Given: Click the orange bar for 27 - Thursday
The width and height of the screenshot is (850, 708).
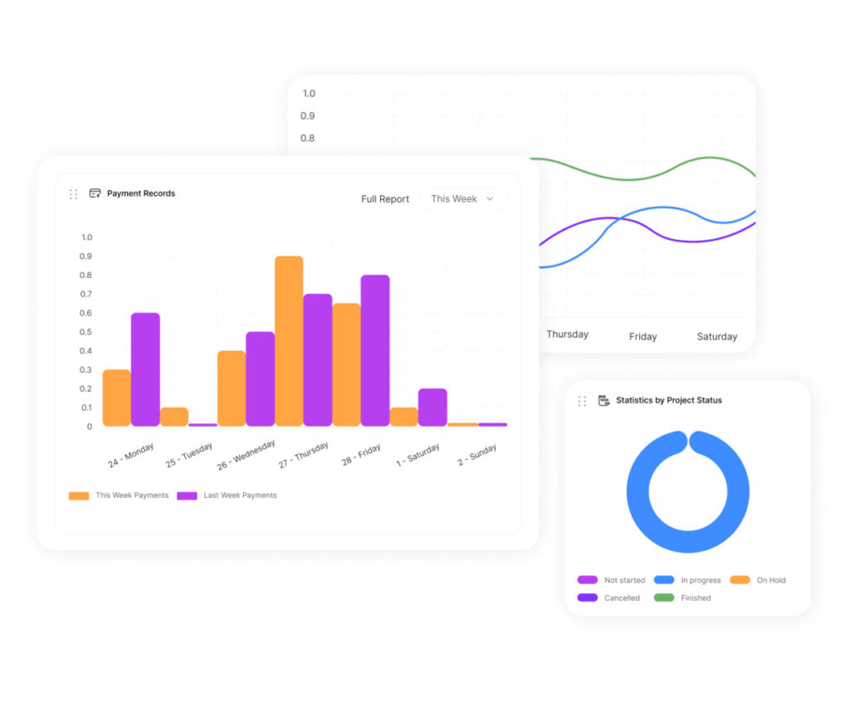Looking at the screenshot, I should pyautogui.click(x=289, y=341).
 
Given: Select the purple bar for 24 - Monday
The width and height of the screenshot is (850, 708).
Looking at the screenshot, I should pyautogui.click(x=145, y=369).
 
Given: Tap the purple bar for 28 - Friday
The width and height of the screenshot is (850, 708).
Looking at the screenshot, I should pyautogui.click(x=375, y=350).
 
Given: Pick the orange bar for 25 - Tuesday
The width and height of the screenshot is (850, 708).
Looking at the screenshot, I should pyautogui.click(x=174, y=417).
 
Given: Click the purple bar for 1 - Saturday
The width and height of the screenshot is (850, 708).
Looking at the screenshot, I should pyautogui.click(x=432, y=408).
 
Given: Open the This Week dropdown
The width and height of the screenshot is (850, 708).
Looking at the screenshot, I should pyautogui.click(x=463, y=199).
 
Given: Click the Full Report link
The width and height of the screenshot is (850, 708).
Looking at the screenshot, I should pyautogui.click(x=385, y=199).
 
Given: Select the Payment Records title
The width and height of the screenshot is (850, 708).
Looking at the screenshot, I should pyautogui.click(x=141, y=193).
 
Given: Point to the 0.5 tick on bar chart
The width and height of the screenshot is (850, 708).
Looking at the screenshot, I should pyautogui.click(x=86, y=332).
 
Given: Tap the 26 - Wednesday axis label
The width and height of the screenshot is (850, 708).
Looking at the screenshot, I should pyautogui.click(x=247, y=455).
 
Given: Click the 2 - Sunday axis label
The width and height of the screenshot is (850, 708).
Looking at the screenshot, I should pyautogui.click(x=477, y=455).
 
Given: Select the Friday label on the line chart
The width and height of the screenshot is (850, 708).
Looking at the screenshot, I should pyautogui.click(x=642, y=336).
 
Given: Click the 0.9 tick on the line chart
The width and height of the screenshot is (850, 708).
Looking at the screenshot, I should pyautogui.click(x=308, y=116).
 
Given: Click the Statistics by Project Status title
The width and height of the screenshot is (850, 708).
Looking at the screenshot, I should pyautogui.click(x=668, y=400).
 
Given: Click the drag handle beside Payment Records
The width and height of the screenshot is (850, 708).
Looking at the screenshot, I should pyautogui.click(x=73, y=194).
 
